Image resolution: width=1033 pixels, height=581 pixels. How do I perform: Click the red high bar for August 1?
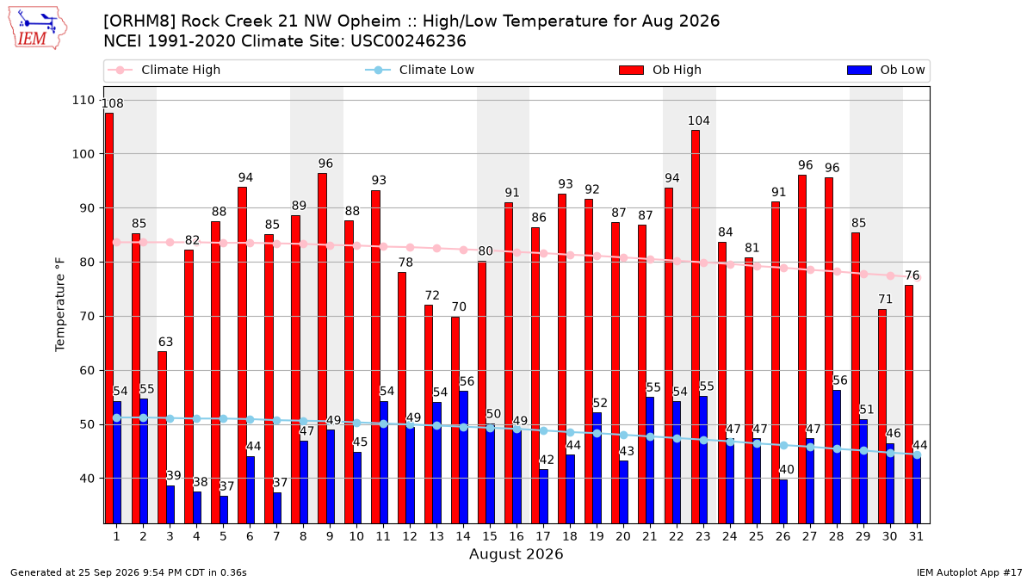[109, 318]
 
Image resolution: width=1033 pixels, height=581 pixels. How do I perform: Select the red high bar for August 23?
[696, 327]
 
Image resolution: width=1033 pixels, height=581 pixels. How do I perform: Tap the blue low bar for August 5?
[224, 510]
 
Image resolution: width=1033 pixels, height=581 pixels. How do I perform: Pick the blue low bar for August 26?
[783, 502]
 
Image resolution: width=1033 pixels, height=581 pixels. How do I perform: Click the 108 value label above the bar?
[113, 103]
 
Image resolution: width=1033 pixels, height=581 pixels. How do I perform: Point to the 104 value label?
[699, 121]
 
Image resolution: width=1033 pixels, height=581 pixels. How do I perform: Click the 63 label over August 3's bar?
[165, 342]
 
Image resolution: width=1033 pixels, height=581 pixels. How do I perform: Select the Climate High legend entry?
[164, 70]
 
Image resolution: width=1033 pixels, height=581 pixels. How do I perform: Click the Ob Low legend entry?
[886, 70]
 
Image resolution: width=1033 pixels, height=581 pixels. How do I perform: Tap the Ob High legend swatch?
[631, 70]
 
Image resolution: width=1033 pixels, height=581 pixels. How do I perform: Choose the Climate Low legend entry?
[420, 70]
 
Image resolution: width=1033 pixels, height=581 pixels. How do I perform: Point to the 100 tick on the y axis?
[83, 154]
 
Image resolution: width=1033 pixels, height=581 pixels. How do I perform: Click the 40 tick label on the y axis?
[87, 479]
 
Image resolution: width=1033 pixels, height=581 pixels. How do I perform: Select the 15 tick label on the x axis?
[490, 536]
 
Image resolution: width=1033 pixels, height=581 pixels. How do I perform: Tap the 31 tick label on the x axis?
[916, 536]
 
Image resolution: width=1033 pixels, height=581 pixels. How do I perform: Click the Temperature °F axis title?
[60, 305]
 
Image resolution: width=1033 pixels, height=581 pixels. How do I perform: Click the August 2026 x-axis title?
[516, 553]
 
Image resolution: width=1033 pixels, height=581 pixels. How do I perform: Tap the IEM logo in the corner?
[37, 28]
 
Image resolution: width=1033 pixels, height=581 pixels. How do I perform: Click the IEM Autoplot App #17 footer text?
[969, 572]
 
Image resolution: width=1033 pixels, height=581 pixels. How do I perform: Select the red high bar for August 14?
[455, 420]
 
